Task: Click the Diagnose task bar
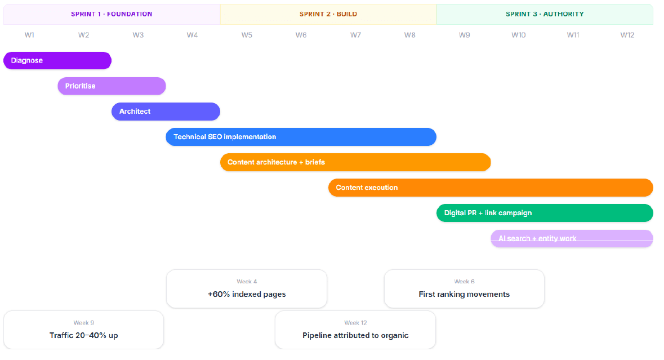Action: (57, 61)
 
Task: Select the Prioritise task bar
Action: (112, 86)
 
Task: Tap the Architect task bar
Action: (166, 112)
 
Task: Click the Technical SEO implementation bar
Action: (301, 137)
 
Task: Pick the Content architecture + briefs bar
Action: (355, 162)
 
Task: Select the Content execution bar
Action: (491, 188)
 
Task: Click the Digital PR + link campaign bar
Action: (545, 213)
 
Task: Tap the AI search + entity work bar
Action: (572, 238)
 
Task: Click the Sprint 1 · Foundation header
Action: (112, 15)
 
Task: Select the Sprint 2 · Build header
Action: (328, 15)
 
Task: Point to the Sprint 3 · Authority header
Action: (545, 15)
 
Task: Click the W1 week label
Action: (29, 35)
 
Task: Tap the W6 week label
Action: (301, 35)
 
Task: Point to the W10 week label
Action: (518, 35)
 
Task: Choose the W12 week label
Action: (627, 35)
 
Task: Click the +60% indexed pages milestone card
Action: (247, 289)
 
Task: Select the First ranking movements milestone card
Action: (464, 289)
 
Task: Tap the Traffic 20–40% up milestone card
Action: (84, 330)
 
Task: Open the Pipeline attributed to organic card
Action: (355, 330)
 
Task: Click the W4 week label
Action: (192, 35)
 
